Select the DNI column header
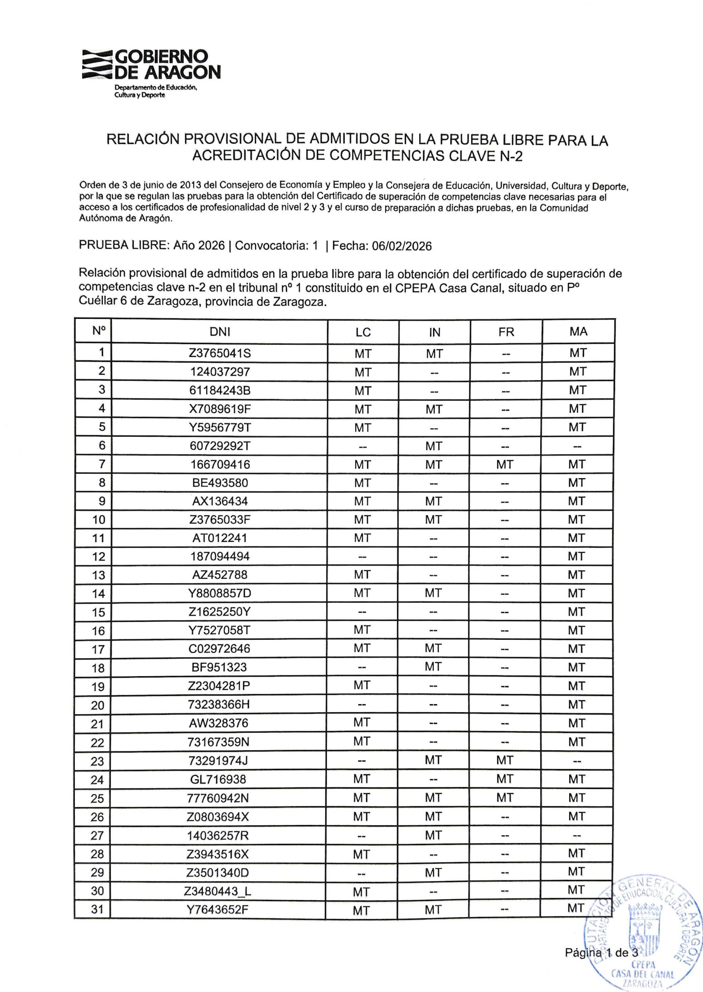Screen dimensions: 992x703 click(219, 332)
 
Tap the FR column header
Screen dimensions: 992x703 click(506, 332)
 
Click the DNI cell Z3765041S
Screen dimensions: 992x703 click(219, 353)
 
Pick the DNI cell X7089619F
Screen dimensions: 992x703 click(219, 409)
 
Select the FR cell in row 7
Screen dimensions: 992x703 click(505, 465)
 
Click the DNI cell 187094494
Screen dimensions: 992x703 click(219, 556)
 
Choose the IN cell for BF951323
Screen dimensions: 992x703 click(433, 666)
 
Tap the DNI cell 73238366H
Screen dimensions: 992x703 click(219, 704)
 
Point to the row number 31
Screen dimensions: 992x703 click(98, 909)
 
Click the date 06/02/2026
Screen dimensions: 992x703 click(402, 246)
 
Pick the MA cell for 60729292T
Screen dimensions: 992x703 click(577, 446)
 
